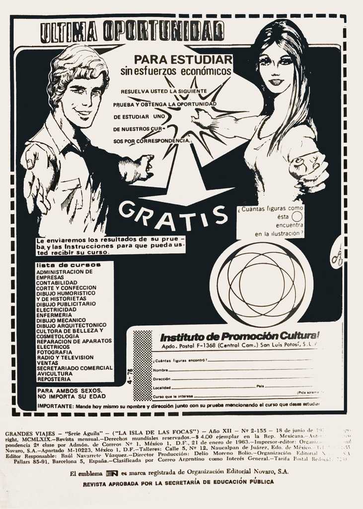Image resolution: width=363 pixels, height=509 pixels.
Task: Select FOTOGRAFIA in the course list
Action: (54, 352)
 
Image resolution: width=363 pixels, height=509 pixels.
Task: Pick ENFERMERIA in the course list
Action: (54, 315)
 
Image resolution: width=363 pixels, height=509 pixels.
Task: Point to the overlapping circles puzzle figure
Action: (261, 284)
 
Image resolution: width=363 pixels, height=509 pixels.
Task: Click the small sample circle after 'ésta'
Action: (296, 217)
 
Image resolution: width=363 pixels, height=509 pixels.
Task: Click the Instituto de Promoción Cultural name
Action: (239, 336)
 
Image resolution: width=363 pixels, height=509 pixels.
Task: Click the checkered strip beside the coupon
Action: (143, 365)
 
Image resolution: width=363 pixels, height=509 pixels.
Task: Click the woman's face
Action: (276, 70)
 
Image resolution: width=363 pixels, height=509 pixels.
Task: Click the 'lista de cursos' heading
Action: (69, 265)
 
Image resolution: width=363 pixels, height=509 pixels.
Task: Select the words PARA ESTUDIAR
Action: (183, 59)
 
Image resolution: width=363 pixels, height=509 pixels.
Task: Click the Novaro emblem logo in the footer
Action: (112, 473)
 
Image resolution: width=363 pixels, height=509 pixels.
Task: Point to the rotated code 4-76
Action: (130, 377)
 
